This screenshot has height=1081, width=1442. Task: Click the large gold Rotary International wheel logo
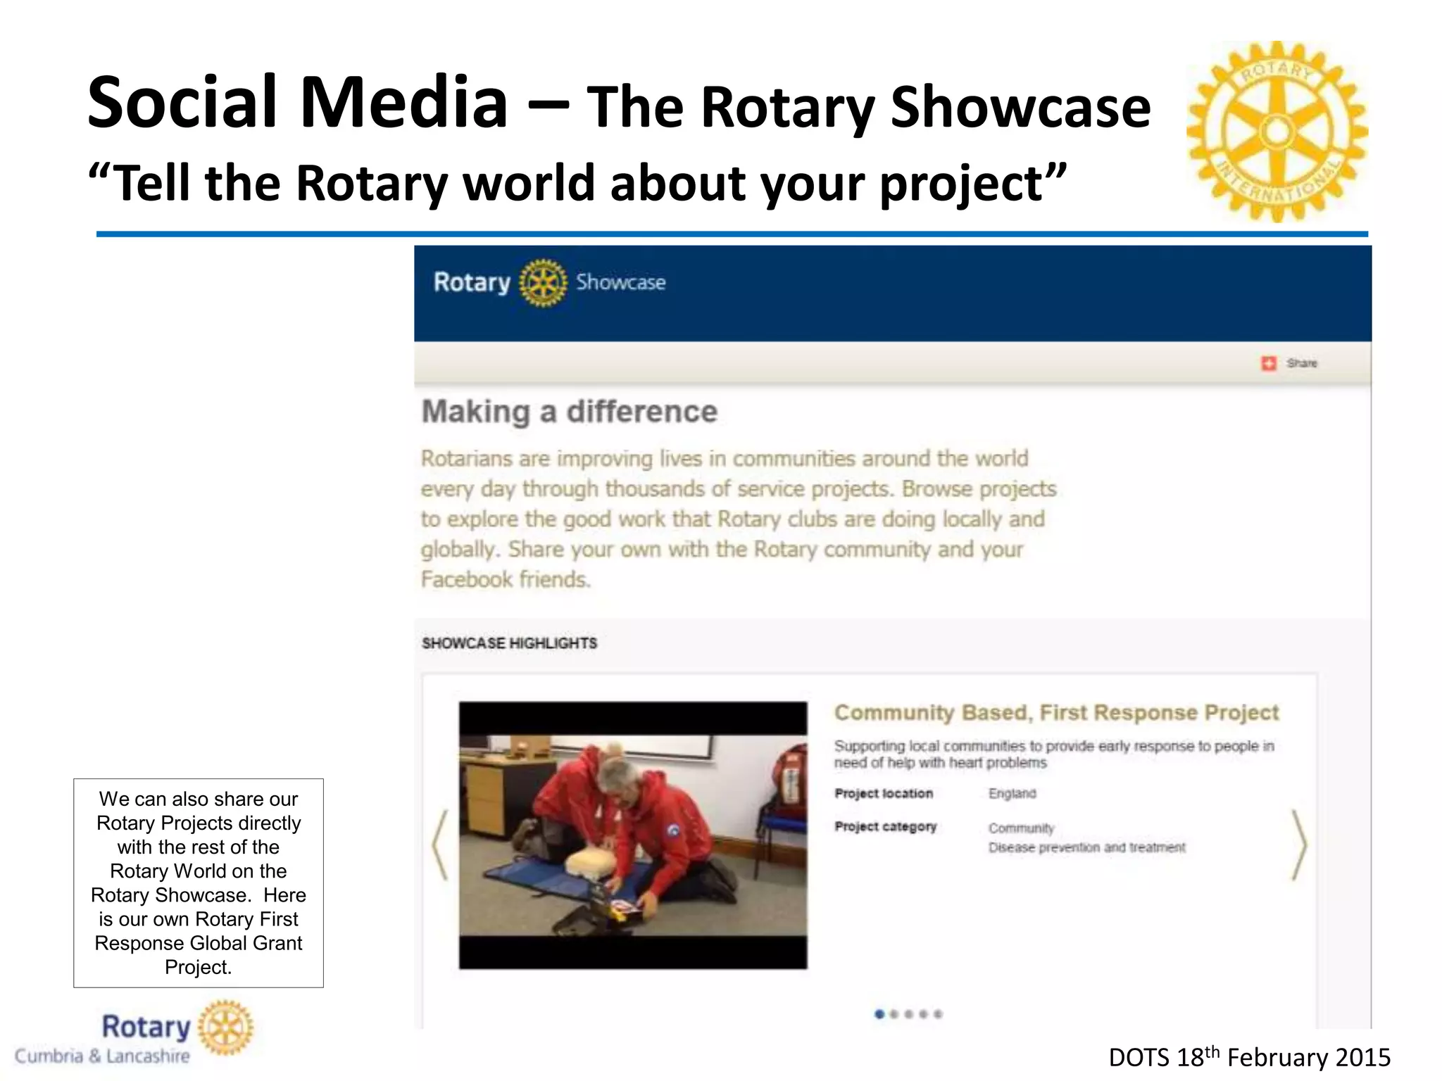1277,132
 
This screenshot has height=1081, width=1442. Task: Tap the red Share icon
1268,363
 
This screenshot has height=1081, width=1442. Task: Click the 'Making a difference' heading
569,412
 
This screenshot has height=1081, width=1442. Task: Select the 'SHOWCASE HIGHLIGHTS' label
509,643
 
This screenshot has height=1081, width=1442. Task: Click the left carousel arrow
441,845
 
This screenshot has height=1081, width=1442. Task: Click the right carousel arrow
1299,845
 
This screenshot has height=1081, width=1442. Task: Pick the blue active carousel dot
879,1014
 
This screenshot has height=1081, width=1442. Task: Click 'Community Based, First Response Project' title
1056,713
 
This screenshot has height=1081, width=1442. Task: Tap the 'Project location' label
884,794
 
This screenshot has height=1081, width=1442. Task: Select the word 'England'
1012,794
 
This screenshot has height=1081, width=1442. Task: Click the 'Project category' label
885,827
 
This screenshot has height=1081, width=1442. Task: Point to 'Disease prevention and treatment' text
1086,847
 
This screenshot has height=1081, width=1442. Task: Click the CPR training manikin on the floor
590,861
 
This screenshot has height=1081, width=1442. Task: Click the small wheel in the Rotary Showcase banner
542,283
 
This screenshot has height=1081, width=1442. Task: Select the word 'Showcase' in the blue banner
620,283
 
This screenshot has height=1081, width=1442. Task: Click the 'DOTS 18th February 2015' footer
1249,1058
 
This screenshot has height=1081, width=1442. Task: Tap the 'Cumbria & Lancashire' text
103,1056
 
